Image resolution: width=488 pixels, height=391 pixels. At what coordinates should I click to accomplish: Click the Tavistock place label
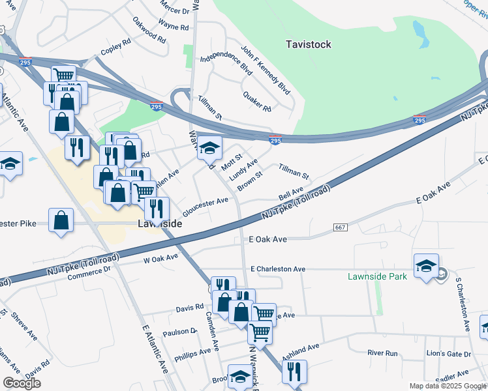[309, 44]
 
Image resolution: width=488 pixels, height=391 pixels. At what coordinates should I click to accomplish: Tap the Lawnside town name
[159, 224]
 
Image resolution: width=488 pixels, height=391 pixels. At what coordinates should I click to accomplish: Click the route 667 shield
[341, 227]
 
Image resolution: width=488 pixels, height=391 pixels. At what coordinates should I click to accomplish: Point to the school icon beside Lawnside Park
[426, 267]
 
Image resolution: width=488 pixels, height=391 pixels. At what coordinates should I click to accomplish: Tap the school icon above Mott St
[209, 149]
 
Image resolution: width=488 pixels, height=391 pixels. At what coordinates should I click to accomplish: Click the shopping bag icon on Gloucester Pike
[61, 220]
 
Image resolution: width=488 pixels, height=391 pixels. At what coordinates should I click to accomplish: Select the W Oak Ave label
[160, 258]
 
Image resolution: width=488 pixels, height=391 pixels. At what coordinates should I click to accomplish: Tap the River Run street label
[382, 353]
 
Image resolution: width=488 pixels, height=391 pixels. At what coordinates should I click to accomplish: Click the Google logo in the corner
[22, 383]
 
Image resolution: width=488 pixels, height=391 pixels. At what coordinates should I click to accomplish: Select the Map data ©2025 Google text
[447, 386]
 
